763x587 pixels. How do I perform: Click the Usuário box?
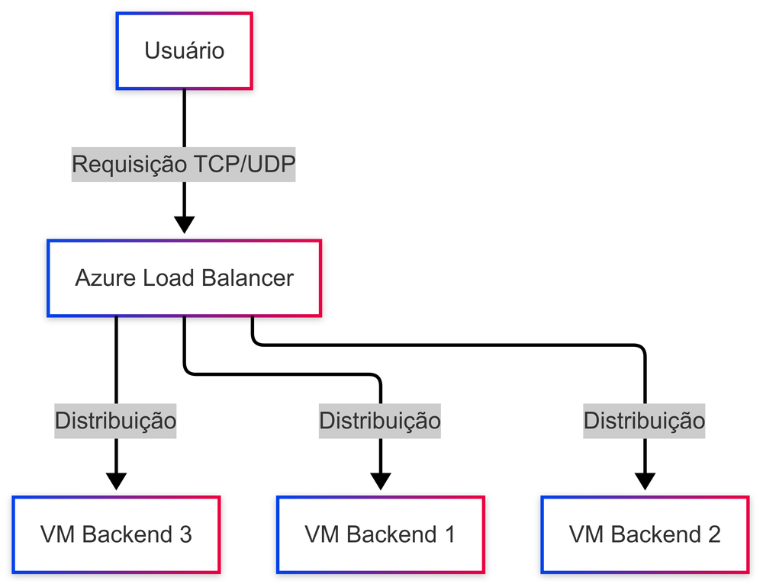(x=184, y=51)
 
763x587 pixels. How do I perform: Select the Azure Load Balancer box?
(x=184, y=277)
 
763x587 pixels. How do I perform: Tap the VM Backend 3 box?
(x=116, y=534)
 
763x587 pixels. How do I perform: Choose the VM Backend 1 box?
(x=380, y=534)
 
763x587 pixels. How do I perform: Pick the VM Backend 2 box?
(x=645, y=534)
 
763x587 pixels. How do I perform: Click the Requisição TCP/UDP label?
(x=184, y=165)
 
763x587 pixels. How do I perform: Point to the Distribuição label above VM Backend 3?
(x=116, y=420)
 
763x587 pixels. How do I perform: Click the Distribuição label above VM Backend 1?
(x=380, y=420)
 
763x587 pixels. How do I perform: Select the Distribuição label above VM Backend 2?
(x=645, y=420)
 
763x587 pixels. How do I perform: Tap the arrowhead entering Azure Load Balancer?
(x=184, y=224)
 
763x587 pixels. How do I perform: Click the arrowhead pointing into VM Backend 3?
(x=116, y=481)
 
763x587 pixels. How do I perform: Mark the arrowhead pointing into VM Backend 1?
(x=380, y=481)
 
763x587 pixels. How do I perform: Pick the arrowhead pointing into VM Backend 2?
(x=645, y=481)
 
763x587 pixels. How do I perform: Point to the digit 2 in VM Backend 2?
(x=713, y=534)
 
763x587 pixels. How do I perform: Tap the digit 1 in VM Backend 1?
(x=449, y=534)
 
